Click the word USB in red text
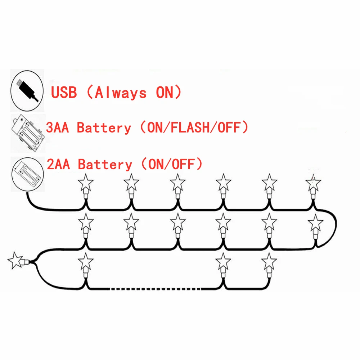tap(64, 93)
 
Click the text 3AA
tap(58, 128)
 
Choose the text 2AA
tap(58, 165)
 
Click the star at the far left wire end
tap(15, 260)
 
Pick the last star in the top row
tap(314, 183)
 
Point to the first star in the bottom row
tap(86, 261)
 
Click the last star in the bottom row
tap(269, 261)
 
